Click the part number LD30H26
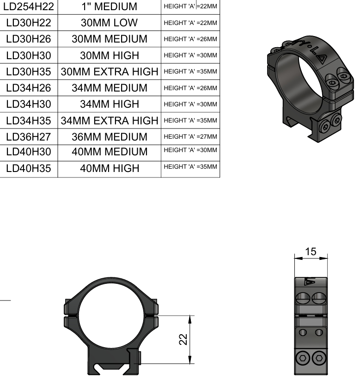[x=29, y=39]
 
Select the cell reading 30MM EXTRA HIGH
[x=110, y=72]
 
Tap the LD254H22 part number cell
[x=29, y=6]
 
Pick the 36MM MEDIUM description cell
[x=110, y=137]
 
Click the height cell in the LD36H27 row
[x=190, y=137]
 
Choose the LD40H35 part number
[x=29, y=168]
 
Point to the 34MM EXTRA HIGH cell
[x=110, y=121]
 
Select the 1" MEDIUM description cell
[x=110, y=6]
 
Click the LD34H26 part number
[x=29, y=88]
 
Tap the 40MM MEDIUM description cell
[x=110, y=152]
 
